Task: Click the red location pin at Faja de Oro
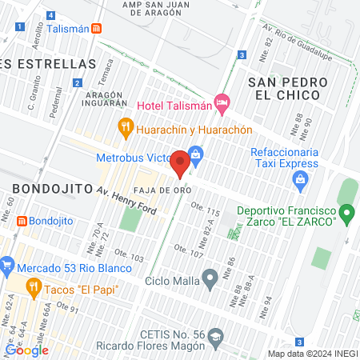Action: (180, 162)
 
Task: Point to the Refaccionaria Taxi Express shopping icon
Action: (299, 178)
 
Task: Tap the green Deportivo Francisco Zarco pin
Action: (346, 214)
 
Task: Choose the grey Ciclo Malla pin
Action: (210, 280)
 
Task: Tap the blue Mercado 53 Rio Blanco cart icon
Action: (7, 262)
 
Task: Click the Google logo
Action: (26, 350)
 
